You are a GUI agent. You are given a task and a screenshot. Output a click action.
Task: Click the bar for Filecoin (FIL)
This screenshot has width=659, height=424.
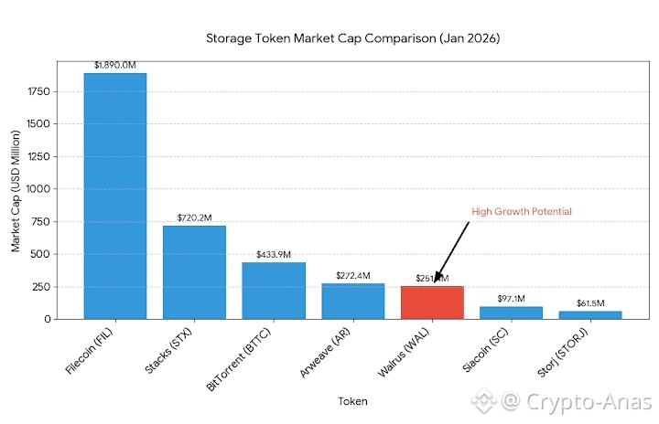coord(115,196)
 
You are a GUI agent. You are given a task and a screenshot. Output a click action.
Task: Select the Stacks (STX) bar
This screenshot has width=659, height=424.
coord(194,272)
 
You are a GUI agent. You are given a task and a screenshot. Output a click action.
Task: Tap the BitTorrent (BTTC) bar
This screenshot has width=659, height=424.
coord(274,291)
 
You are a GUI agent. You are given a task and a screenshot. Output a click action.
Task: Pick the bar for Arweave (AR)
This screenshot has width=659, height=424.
coord(352,302)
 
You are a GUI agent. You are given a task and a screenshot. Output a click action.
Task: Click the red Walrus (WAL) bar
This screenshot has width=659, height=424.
coord(432,302)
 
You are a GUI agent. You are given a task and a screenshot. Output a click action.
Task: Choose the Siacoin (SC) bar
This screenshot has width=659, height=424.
coord(511,313)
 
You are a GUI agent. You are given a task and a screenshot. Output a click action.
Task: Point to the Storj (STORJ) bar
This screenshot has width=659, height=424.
coord(590,315)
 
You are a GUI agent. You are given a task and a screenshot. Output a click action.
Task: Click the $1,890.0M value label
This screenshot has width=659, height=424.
coord(115,66)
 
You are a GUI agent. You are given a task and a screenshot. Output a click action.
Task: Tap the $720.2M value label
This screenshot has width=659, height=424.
coord(194,218)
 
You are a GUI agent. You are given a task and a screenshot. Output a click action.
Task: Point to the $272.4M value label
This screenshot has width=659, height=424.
coord(352,276)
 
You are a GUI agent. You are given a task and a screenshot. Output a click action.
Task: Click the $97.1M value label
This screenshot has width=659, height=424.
coord(511,299)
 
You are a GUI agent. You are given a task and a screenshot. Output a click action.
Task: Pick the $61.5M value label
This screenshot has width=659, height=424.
coord(590,303)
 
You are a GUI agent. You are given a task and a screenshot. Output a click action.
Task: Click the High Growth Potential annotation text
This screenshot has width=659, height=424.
coord(521,212)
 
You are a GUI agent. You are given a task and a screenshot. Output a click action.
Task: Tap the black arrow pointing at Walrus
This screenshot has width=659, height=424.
coord(452,250)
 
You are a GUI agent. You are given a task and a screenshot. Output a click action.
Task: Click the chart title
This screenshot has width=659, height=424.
coord(352,39)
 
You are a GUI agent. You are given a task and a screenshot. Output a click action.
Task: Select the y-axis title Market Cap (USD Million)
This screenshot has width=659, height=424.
coord(16,189)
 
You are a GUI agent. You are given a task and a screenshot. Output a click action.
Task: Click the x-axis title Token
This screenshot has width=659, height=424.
coord(352,401)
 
